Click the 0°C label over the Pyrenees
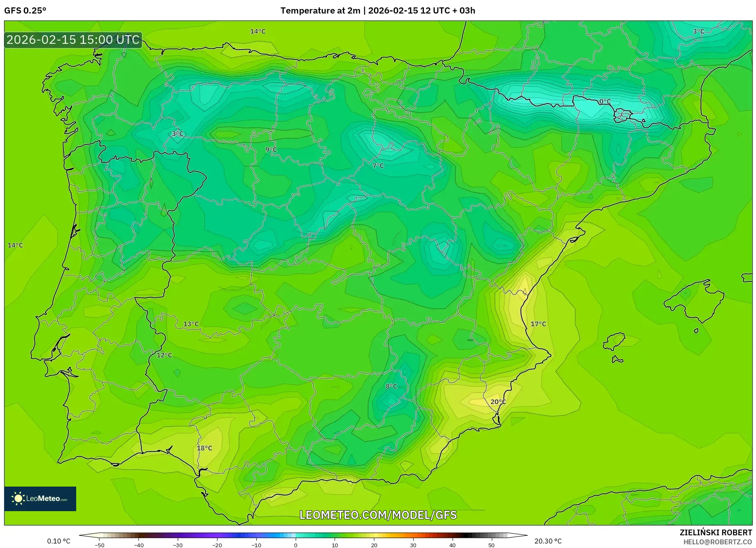605,102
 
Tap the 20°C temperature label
498,402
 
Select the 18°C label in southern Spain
204,448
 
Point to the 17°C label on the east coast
538,324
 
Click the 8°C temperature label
391,386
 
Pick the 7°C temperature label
378,166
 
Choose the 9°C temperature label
271,150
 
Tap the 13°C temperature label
191,324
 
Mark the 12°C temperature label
164,355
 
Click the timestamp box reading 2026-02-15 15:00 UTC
73,40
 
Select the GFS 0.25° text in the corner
25,11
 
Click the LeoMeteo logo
40,498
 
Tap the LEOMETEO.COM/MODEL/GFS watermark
378,515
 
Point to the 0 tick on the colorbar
296,545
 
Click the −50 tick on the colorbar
99,545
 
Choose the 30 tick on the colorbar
413,545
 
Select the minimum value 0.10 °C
59,541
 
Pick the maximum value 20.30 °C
548,541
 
